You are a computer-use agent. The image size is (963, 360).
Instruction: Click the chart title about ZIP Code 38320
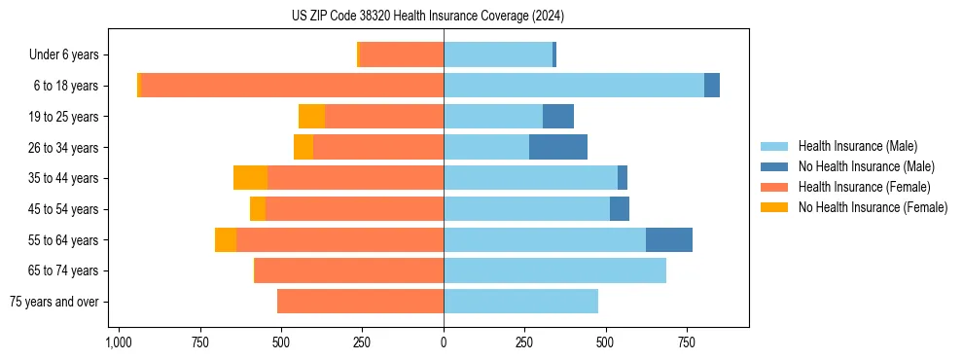tap(442, 17)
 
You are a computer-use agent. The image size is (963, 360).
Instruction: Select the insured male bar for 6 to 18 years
tap(574, 86)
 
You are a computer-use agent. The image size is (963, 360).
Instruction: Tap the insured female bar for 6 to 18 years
tap(292, 86)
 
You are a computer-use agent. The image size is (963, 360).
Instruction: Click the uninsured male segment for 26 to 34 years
tap(558, 147)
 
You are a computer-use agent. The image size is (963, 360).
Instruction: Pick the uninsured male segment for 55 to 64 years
tap(669, 239)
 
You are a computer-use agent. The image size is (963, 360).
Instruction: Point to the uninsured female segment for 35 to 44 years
tap(251, 178)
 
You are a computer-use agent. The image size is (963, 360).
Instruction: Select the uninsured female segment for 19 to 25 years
tap(311, 117)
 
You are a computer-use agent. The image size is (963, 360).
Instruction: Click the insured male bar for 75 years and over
tap(520, 302)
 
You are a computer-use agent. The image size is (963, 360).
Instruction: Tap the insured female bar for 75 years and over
tap(360, 302)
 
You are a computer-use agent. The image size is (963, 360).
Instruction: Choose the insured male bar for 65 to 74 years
tap(554, 270)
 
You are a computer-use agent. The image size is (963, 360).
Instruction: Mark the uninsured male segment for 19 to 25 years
tap(558, 117)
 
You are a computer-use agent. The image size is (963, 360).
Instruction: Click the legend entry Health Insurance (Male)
tap(857, 146)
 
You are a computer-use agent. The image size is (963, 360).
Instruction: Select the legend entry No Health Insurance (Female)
tap(873, 207)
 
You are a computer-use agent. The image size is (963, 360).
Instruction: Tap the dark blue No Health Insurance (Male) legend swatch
tap(774, 166)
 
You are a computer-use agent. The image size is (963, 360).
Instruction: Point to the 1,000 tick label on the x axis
tap(119, 342)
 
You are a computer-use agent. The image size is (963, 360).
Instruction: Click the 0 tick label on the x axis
tap(444, 342)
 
